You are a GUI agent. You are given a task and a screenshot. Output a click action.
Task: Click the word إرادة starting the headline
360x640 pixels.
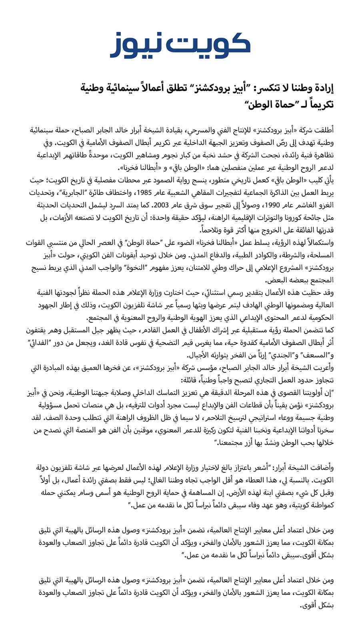pyautogui.click(x=321, y=89)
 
